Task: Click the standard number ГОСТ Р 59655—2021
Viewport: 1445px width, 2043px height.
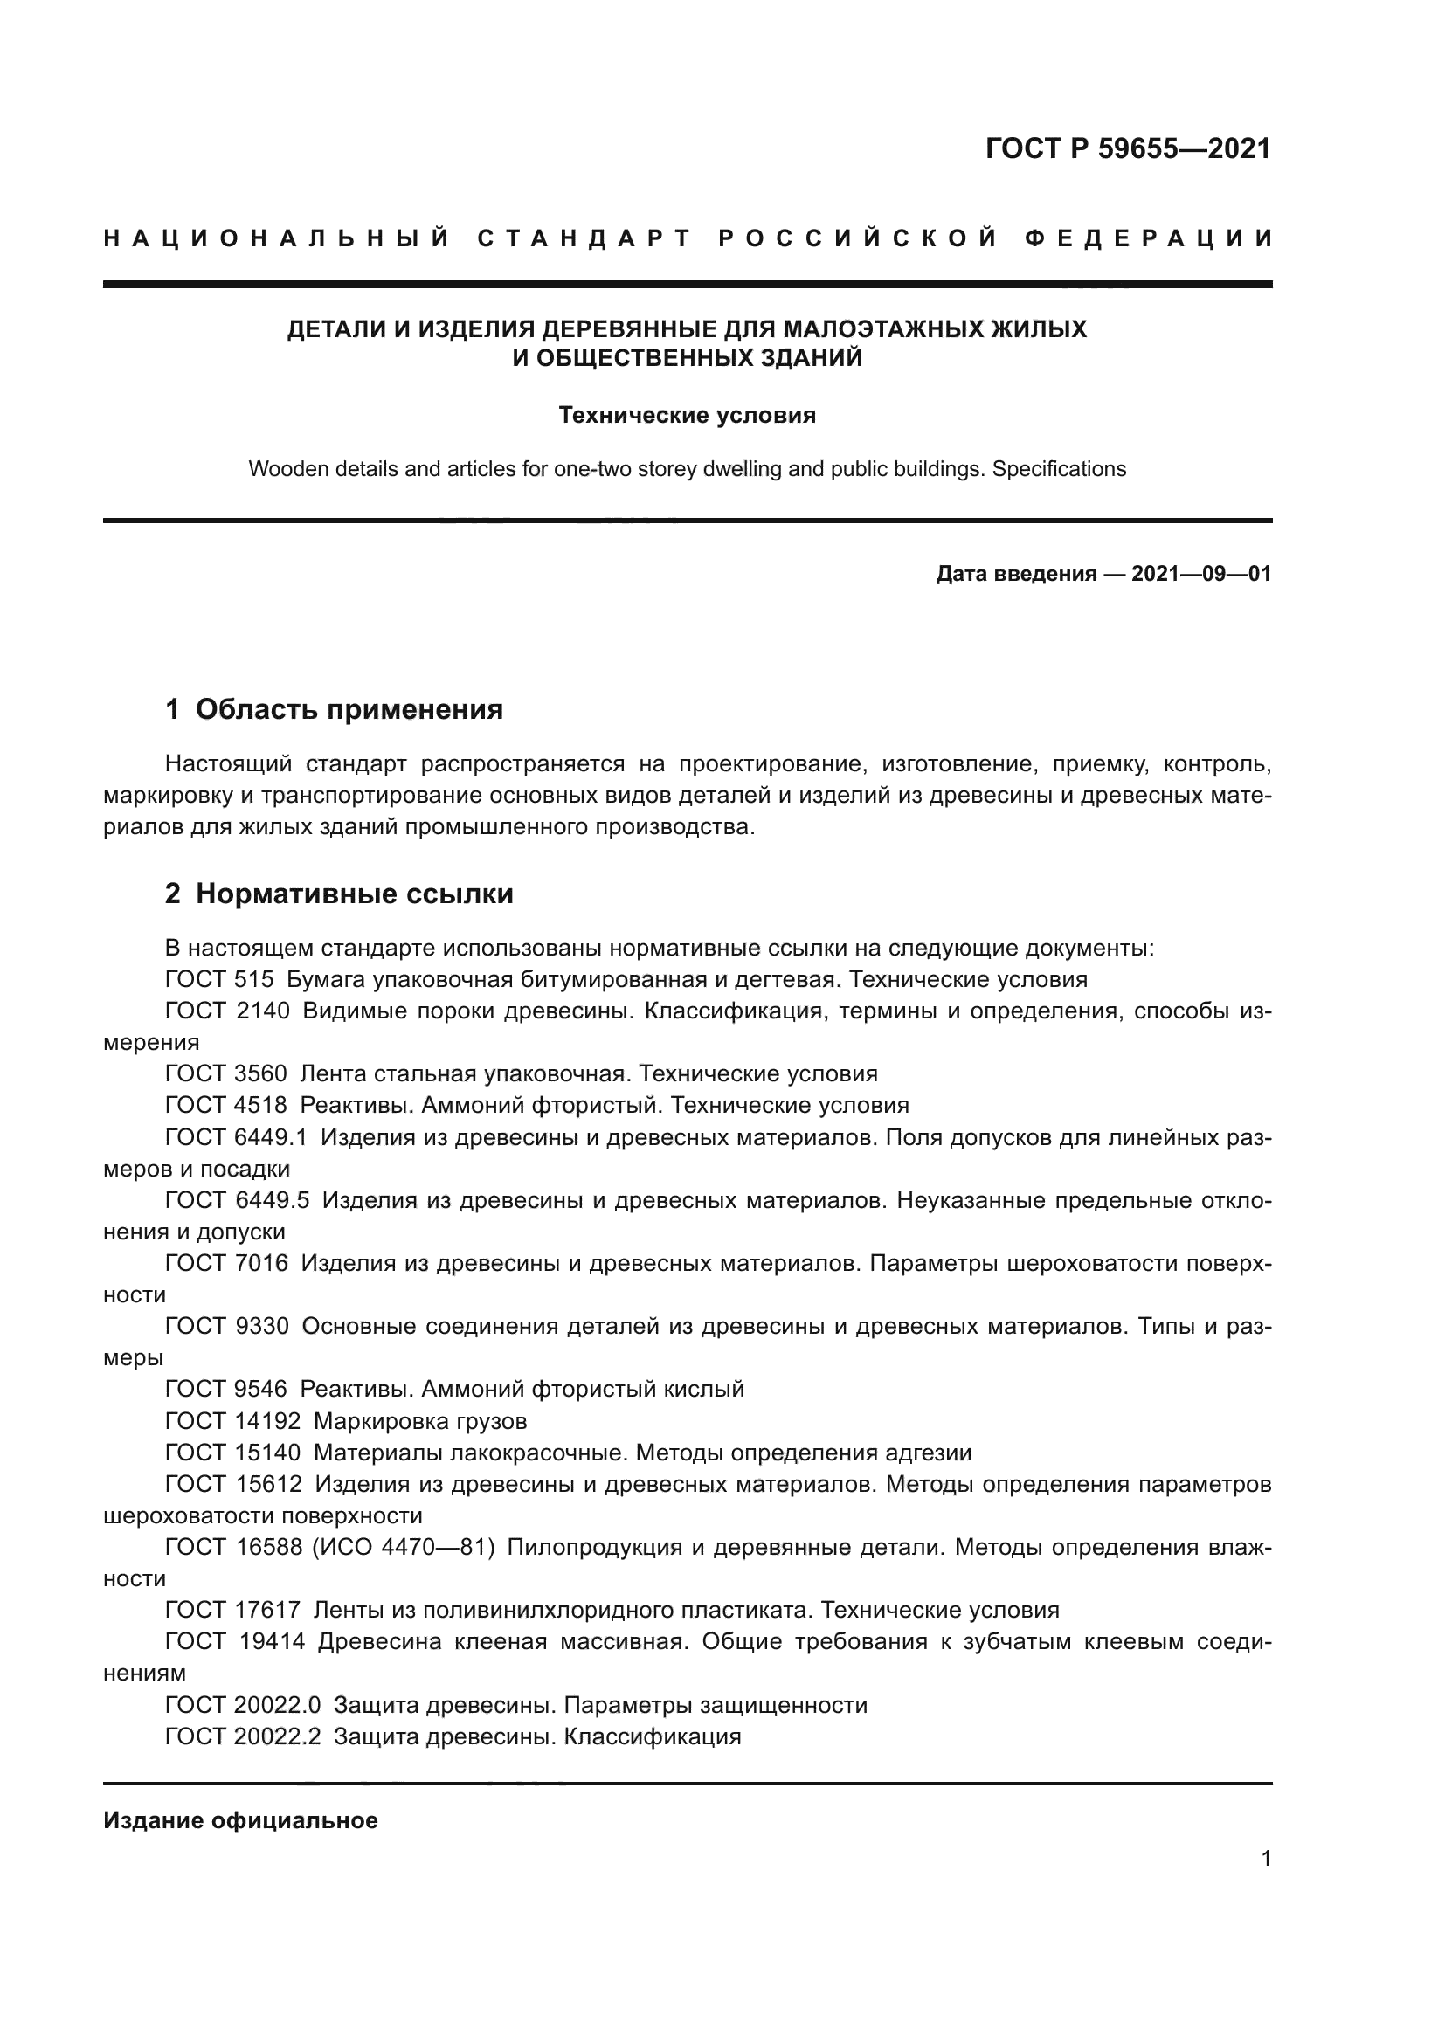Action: pyautogui.click(x=1127, y=148)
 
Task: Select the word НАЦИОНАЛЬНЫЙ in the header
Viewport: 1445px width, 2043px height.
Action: pyautogui.click(x=277, y=238)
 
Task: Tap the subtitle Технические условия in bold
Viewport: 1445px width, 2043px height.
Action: pyautogui.click(x=687, y=416)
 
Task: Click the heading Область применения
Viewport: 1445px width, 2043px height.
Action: pyautogui.click(x=349, y=709)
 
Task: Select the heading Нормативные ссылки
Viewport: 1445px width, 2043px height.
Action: pyautogui.click(x=354, y=894)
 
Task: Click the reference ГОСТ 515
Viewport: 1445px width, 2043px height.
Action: pyautogui.click(x=219, y=980)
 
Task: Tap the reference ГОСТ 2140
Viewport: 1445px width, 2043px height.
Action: pyautogui.click(x=227, y=1011)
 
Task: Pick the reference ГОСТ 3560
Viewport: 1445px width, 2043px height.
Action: pyautogui.click(x=226, y=1074)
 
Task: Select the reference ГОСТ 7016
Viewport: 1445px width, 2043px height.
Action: pyautogui.click(x=226, y=1263)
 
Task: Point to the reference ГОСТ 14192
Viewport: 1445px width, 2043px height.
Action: pyautogui.click(x=233, y=1420)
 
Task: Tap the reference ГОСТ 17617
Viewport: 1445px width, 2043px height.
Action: pyautogui.click(x=233, y=1610)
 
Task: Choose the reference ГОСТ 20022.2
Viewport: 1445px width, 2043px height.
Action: pyautogui.click(x=242, y=1736)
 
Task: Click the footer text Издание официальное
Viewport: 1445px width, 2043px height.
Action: pyautogui.click(x=240, y=1820)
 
